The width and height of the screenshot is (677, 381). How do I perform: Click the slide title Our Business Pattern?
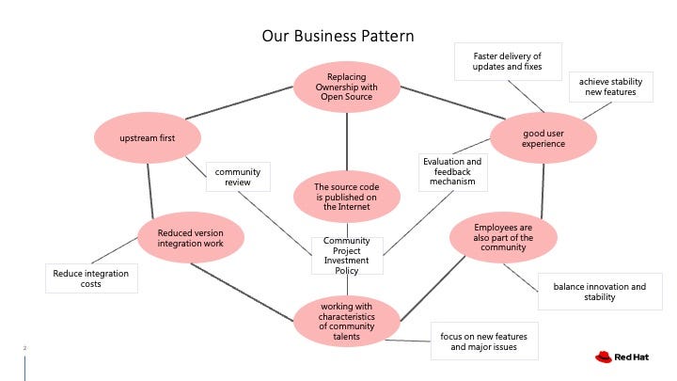338,37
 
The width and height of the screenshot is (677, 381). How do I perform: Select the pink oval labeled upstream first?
148,139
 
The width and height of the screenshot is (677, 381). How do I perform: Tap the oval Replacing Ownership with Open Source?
346,87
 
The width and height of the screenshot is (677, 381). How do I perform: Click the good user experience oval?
543,139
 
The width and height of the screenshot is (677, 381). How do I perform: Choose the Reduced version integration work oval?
191,239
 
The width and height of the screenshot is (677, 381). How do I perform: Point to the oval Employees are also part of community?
503,238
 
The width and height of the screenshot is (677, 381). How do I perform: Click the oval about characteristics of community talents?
346,322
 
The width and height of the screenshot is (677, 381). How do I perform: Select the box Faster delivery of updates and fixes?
507,61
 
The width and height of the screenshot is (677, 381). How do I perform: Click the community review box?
238,178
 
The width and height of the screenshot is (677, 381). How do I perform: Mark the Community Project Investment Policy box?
346,255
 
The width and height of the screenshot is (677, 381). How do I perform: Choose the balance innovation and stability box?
599,292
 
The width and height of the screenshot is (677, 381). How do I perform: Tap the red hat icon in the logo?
603,357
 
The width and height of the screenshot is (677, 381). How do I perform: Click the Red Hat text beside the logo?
634,357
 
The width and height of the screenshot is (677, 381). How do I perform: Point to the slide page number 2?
25,348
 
